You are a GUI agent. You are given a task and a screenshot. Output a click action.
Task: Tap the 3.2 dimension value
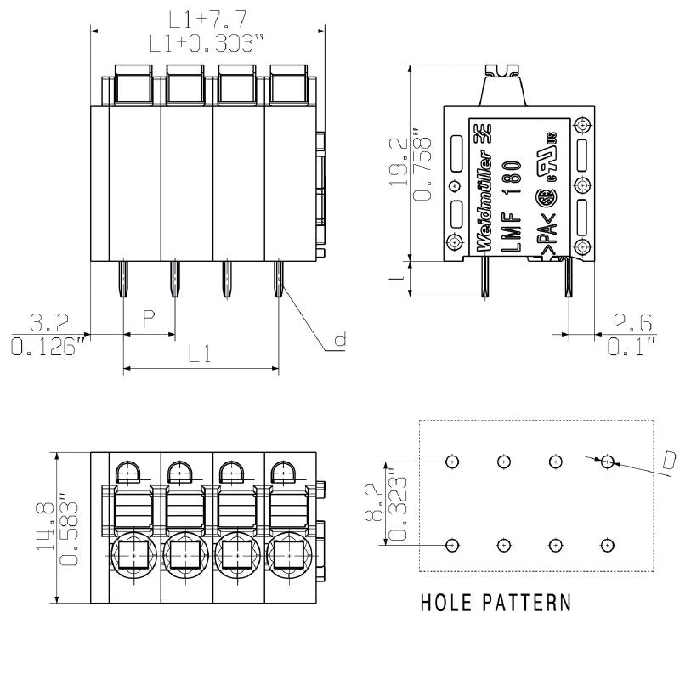pos(49,323)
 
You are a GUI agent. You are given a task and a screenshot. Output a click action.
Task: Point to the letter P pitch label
pos(149,320)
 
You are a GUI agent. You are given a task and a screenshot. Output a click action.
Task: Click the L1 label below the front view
pos(199,354)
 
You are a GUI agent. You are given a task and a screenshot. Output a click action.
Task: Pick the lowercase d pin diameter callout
pos(340,341)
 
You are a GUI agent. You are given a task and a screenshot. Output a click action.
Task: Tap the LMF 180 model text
pos(511,205)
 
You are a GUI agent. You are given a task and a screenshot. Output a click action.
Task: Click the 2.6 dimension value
pos(632,323)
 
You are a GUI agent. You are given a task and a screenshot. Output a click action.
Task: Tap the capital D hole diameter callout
pos(668,462)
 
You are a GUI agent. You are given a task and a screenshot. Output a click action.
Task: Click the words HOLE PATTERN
pos(496,603)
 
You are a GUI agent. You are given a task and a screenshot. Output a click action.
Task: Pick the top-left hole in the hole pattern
pos(453,462)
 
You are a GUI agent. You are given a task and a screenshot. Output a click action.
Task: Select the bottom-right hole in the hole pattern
pos(607,545)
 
